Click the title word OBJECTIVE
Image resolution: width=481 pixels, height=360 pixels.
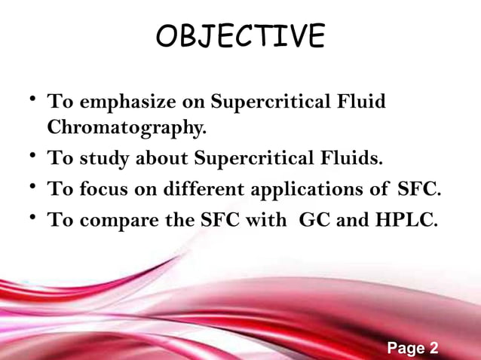click(240, 36)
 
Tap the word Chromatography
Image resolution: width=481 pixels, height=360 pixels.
click(126, 128)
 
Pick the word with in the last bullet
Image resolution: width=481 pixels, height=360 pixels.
click(265, 220)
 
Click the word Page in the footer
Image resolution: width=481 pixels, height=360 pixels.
click(406, 348)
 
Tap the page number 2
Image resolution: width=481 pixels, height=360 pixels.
click(434, 348)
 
